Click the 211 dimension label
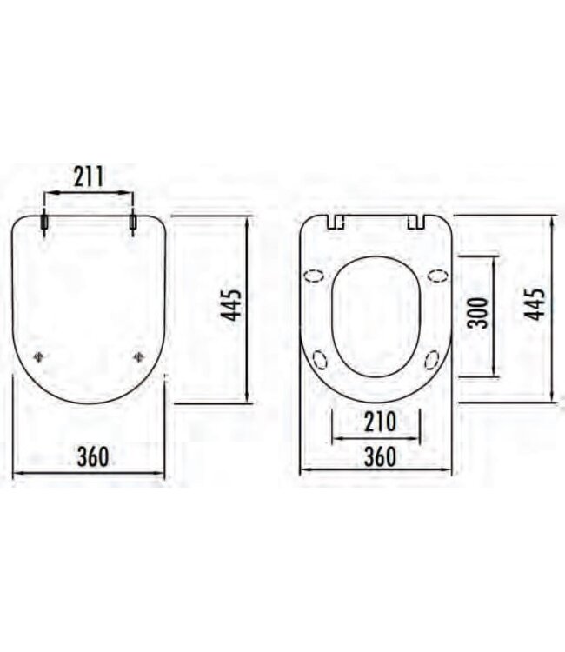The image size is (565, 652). tap(89, 177)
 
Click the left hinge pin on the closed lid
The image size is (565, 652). tap(44, 223)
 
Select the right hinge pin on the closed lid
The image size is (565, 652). tap(133, 223)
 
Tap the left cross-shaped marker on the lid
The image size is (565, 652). tap(39, 356)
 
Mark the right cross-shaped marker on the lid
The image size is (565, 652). tap(139, 356)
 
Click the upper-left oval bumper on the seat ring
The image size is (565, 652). tap(314, 276)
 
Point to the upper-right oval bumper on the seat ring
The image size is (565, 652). tap(438, 276)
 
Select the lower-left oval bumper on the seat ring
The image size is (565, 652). tap(320, 359)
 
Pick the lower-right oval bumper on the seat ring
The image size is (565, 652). tap(432, 359)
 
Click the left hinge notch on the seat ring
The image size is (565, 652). tap(336, 223)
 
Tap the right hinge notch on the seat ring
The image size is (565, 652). tap(416, 223)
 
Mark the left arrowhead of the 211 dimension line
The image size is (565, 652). tap(48, 194)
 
